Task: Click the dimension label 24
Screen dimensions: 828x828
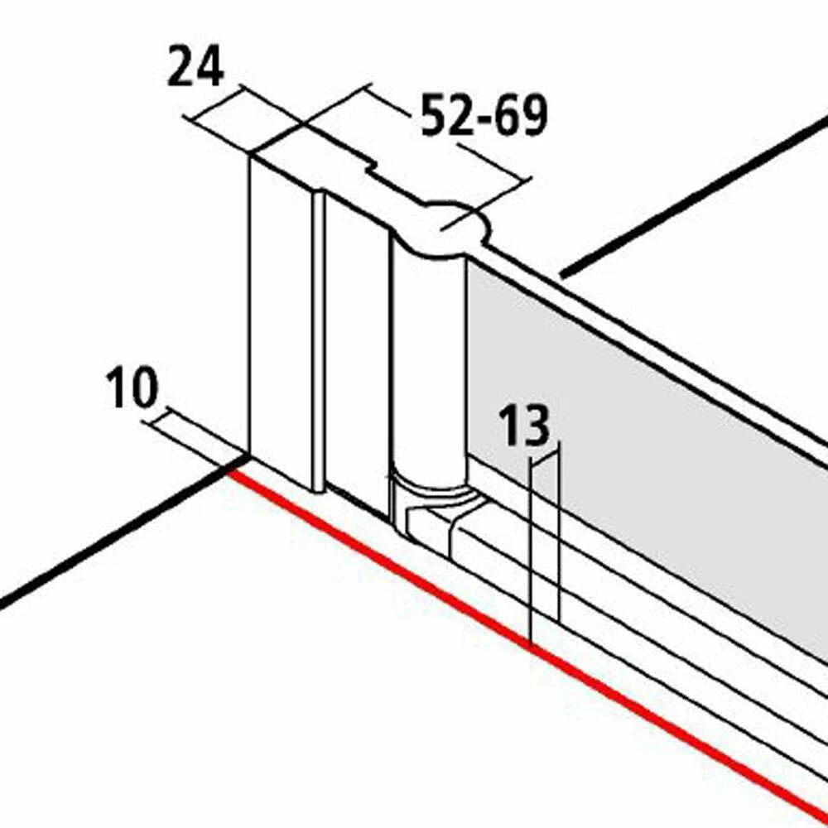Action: tap(195, 68)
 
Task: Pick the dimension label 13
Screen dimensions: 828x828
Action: tap(523, 427)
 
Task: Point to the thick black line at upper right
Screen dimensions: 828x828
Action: tap(696, 195)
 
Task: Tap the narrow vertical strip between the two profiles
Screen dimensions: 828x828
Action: tap(318, 339)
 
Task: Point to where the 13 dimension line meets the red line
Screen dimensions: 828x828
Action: tap(530, 644)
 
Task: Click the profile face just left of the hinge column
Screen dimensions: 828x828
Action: tap(356, 348)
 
